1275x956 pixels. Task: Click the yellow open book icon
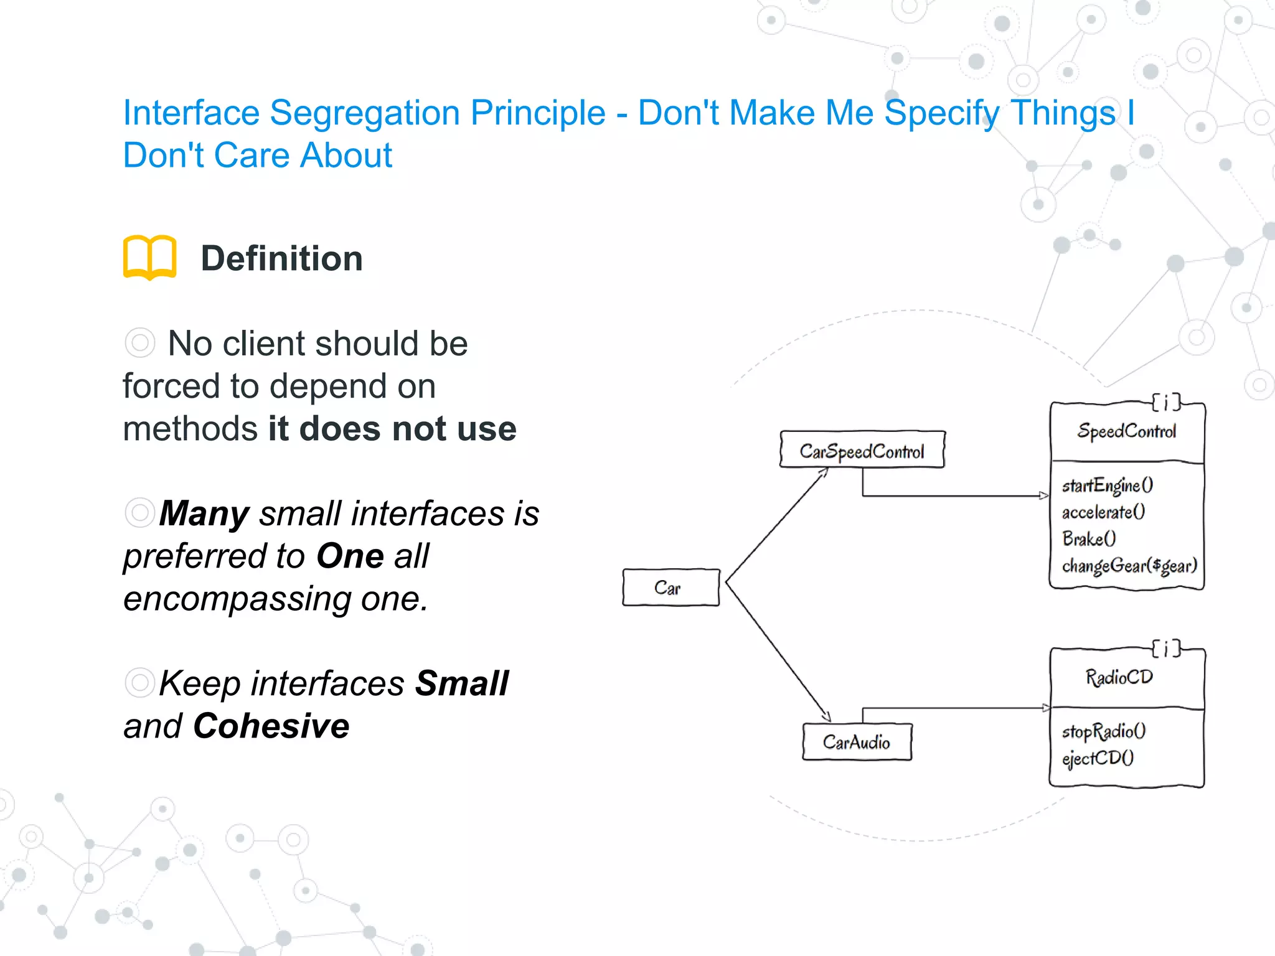click(x=149, y=257)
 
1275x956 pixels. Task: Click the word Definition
click(x=281, y=258)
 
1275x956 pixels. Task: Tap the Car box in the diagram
click(x=670, y=587)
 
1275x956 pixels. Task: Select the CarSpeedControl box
click(x=862, y=450)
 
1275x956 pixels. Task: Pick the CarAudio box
click(x=857, y=741)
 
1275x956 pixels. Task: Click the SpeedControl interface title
click(x=1126, y=431)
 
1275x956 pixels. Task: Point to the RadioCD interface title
click(x=1119, y=677)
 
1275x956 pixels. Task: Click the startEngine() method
click(x=1107, y=485)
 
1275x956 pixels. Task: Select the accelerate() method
click(x=1103, y=512)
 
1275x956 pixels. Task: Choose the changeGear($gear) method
click(x=1129, y=565)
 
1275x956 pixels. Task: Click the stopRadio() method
click(x=1103, y=731)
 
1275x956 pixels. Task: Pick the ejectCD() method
click(x=1098, y=757)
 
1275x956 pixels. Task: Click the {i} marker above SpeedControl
click(x=1165, y=403)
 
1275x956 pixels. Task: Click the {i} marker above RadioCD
click(x=1165, y=649)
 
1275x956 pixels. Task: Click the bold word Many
click(x=204, y=513)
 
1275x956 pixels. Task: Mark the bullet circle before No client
click(x=139, y=343)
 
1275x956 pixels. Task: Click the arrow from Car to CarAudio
click(x=778, y=652)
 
